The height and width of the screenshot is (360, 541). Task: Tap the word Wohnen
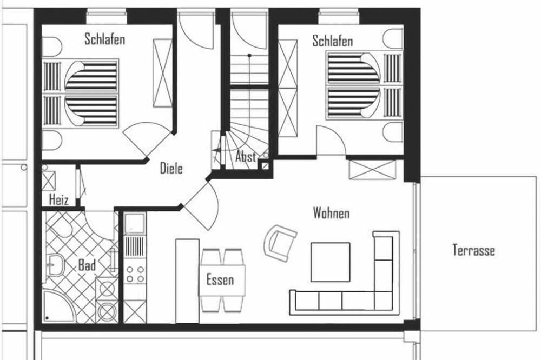pos(331,213)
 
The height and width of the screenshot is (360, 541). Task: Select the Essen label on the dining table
pos(220,279)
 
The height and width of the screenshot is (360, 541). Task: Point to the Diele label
pos(171,168)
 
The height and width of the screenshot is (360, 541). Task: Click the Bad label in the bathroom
pos(87,265)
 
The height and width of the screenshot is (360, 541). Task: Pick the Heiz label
pos(58,199)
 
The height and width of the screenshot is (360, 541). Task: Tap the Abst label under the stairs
pos(246,157)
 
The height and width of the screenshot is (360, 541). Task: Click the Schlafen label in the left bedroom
pos(104,39)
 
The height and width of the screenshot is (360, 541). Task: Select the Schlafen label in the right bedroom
pos(333,41)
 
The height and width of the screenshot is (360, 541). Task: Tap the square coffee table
pos(330,262)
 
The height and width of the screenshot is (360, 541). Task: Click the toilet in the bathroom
pos(63,228)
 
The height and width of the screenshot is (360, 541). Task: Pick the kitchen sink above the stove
pos(135,223)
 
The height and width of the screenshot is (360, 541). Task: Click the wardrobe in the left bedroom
pos(162,73)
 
